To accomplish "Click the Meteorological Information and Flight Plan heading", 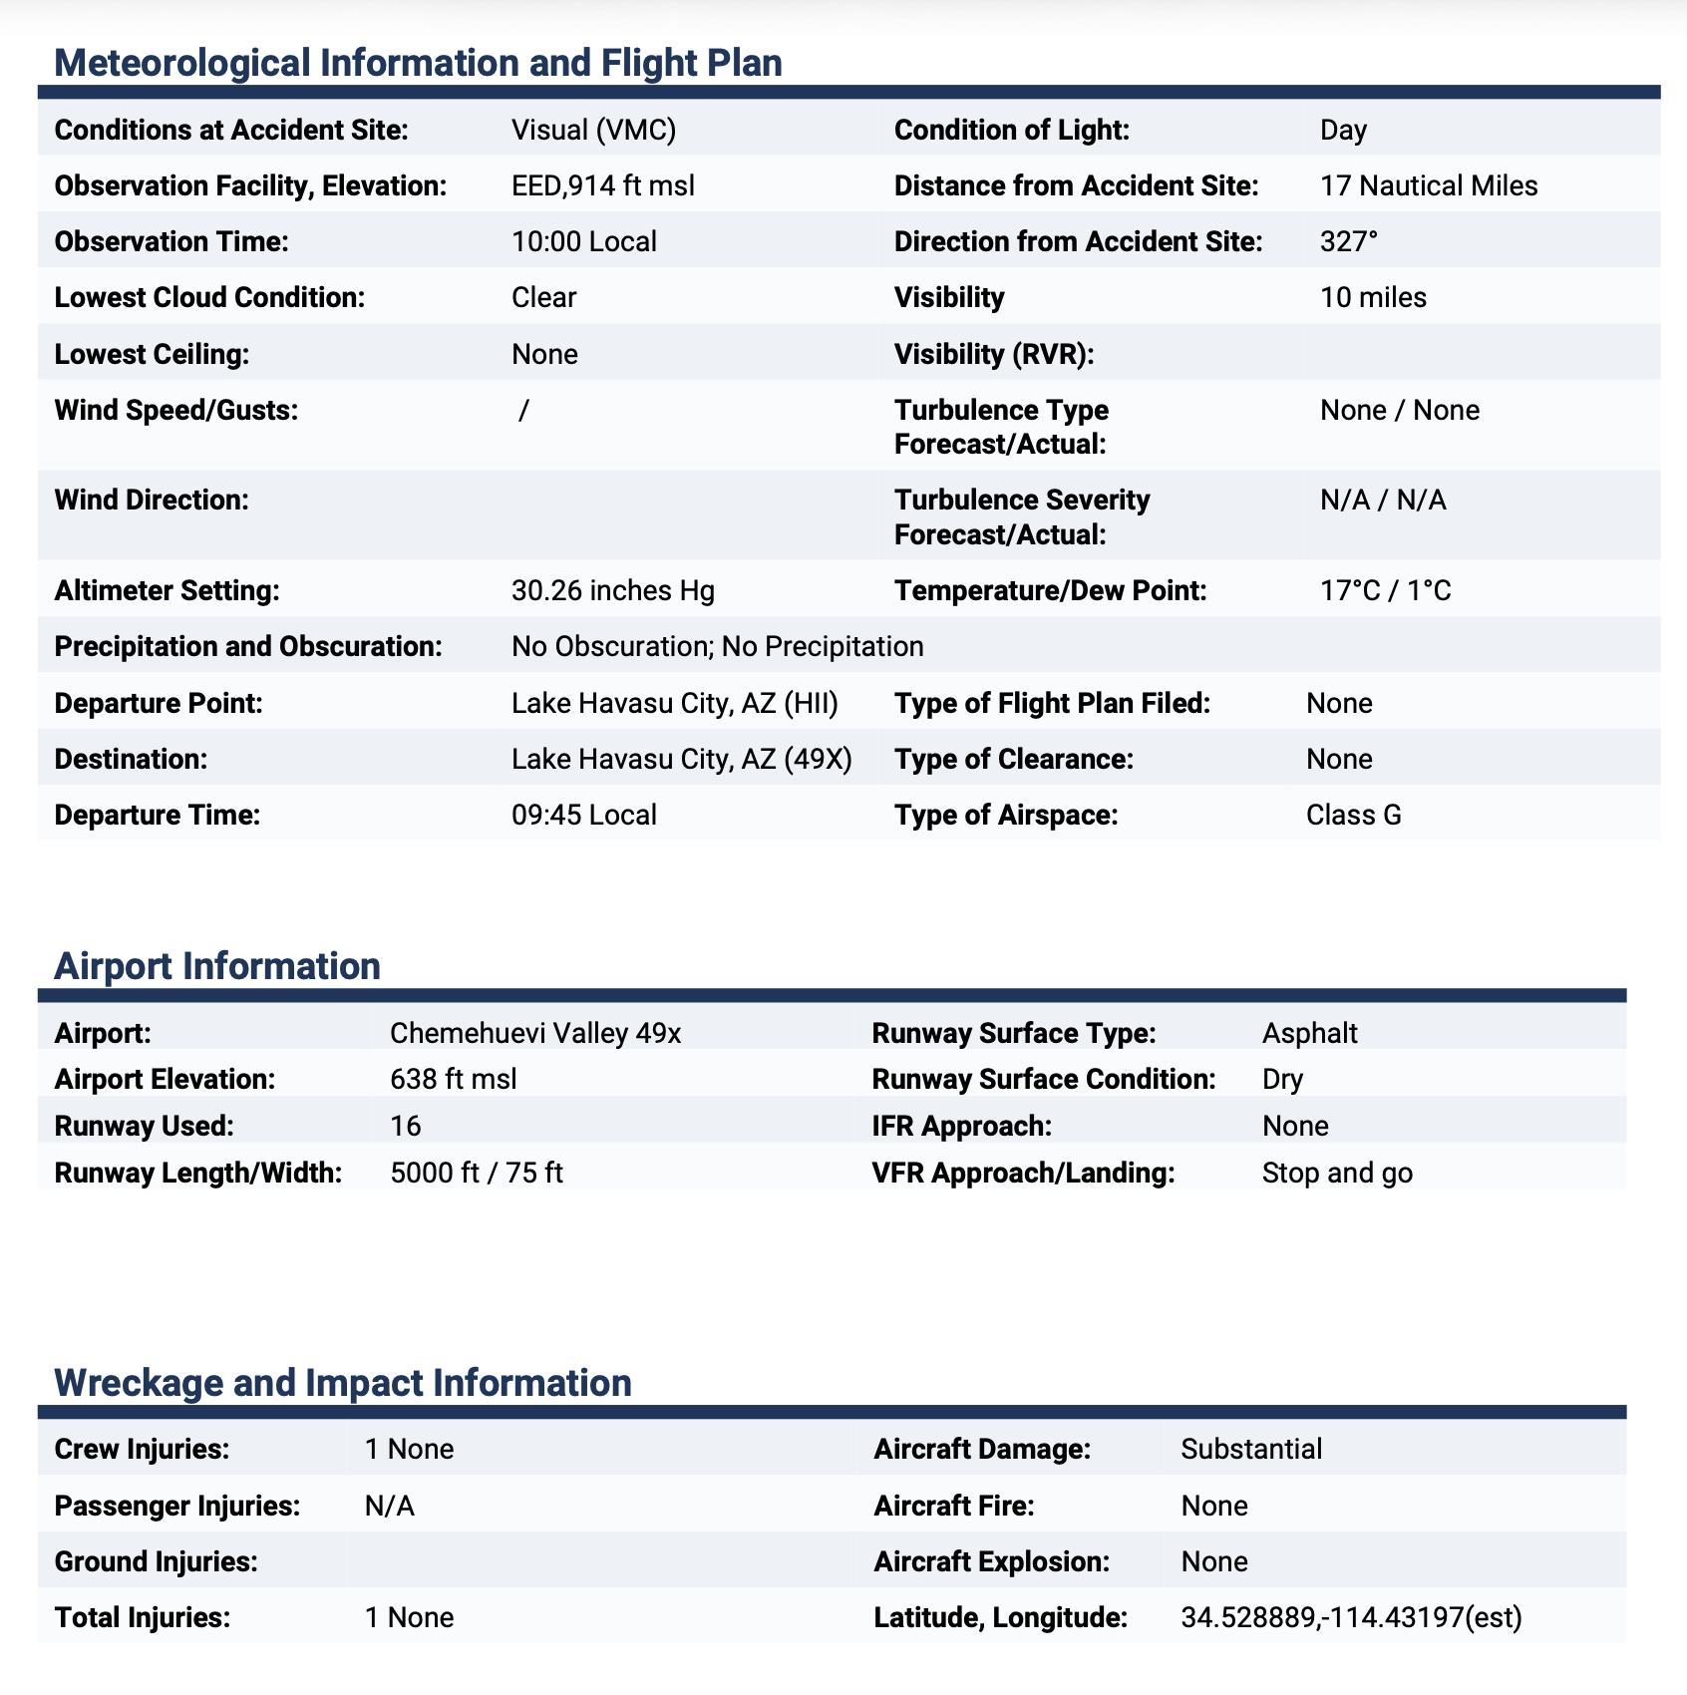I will [418, 63].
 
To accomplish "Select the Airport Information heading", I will [217, 966].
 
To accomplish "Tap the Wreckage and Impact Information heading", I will [343, 1383].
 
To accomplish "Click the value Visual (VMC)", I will [593, 131].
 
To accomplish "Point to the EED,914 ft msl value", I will [602, 186].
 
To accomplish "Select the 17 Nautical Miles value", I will [1428, 186].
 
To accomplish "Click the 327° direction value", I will [1348, 242].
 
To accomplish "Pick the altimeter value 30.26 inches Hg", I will [612, 591].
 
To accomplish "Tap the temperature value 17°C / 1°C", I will [1385, 591].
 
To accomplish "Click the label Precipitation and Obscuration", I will [248, 647].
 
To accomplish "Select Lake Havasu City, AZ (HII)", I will [674, 704].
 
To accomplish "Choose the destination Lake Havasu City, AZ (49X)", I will [681, 760].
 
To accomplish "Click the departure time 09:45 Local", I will [583, 816].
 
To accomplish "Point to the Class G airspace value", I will [1353, 816].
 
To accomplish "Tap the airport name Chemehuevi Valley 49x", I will [535, 1033].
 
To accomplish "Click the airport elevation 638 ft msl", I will [453, 1080].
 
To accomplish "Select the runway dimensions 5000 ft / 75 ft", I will [477, 1173].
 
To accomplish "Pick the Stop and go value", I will [1337, 1173].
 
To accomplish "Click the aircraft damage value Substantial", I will [1251, 1449].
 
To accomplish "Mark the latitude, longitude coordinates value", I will [1351, 1617].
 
